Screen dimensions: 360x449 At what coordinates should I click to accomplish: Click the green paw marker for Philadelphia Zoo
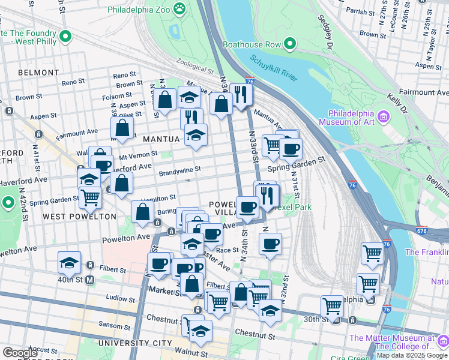[179, 9]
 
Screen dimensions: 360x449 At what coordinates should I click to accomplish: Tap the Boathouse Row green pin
[290, 44]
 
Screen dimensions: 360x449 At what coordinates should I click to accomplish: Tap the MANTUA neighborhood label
[161, 139]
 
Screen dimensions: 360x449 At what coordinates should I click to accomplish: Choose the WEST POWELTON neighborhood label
[79, 216]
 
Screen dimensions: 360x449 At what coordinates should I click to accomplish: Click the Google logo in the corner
[20, 353]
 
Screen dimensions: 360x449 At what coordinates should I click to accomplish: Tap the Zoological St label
[194, 65]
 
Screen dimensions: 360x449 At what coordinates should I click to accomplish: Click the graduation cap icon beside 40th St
[69, 262]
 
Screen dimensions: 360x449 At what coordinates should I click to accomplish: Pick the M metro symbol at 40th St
[90, 280]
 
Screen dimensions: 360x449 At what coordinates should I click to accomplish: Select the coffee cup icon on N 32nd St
[270, 244]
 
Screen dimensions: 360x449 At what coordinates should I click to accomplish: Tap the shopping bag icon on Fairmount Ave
[122, 128]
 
